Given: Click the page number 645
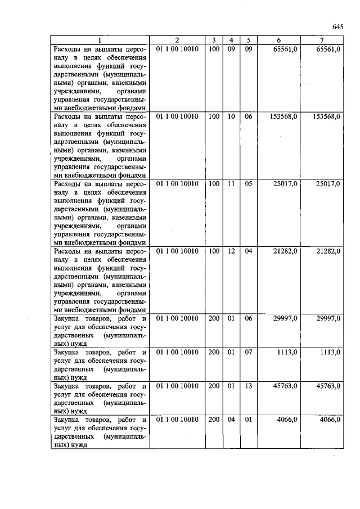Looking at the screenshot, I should (x=337, y=26).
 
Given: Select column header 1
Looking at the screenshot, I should (x=99, y=40).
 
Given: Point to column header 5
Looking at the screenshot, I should (x=248, y=40).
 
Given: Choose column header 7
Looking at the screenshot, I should (x=321, y=40).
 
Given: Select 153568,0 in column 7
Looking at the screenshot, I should (x=326, y=116).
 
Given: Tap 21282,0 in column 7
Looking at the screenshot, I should (x=328, y=251).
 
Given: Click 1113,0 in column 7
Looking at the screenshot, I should (x=330, y=352).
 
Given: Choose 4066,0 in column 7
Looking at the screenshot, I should (x=330, y=420).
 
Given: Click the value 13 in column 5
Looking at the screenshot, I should (x=248, y=386).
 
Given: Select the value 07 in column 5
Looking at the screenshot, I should (x=248, y=352).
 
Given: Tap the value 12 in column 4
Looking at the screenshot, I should (x=231, y=251).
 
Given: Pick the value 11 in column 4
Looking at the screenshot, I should (x=231, y=183).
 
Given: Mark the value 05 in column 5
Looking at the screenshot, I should (x=248, y=183).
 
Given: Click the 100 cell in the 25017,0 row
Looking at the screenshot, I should (x=214, y=183).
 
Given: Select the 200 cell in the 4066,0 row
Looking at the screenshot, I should (x=214, y=420).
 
